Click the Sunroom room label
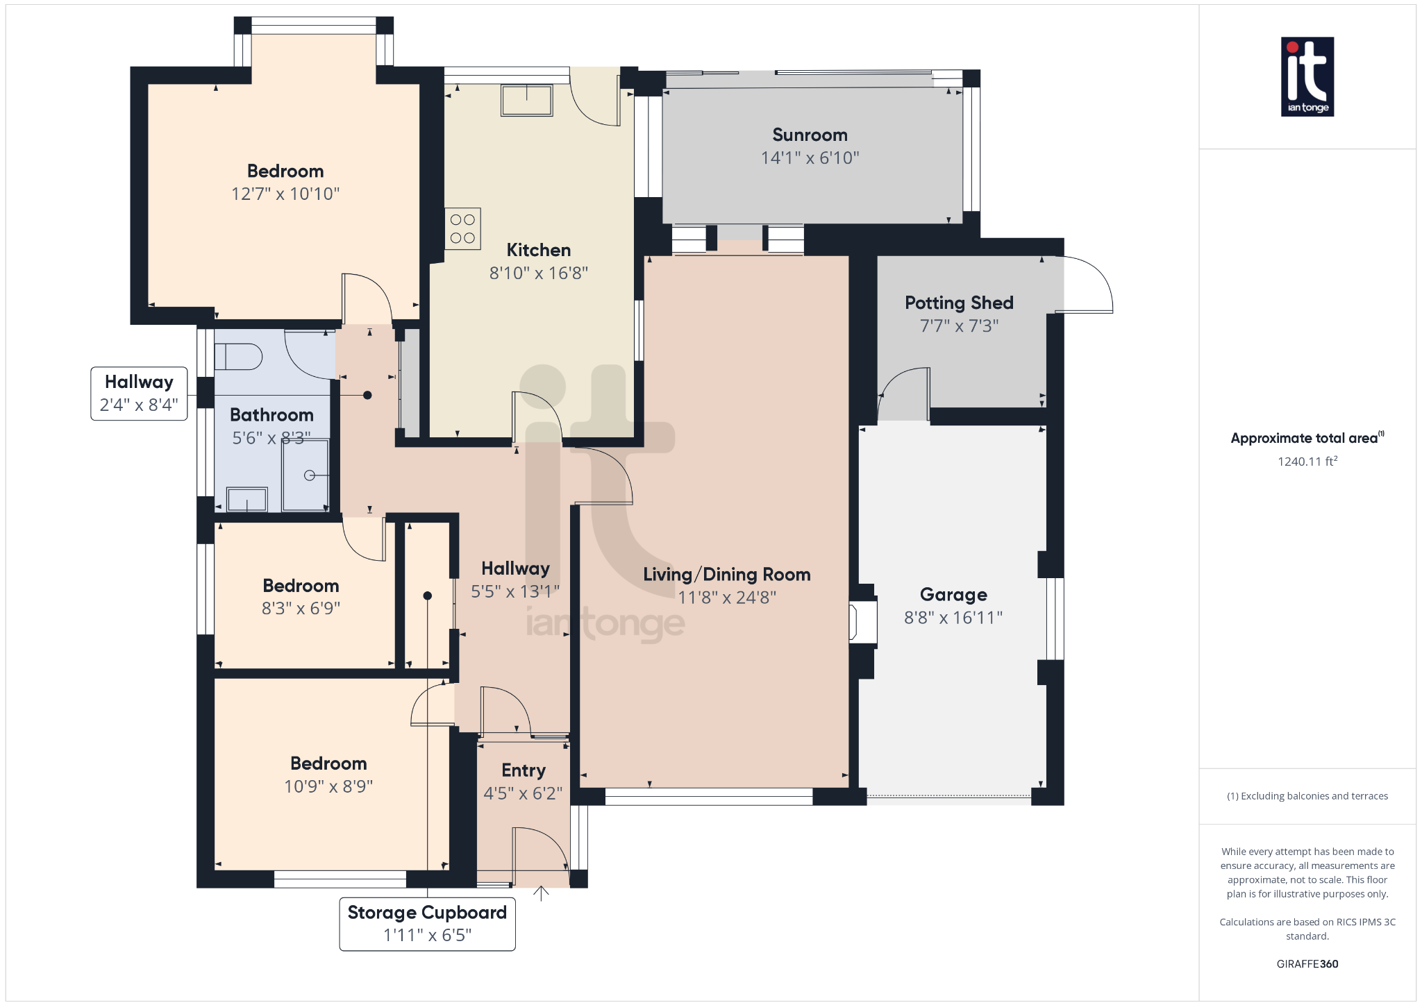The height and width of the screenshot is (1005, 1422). (810, 135)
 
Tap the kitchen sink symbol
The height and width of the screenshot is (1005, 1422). (526, 100)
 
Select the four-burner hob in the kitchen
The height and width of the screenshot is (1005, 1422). (462, 229)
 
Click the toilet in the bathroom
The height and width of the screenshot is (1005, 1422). (238, 357)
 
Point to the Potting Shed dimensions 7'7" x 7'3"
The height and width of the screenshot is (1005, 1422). (959, 326)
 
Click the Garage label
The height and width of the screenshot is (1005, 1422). (953, 595)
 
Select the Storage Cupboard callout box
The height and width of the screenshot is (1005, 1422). (427, 924)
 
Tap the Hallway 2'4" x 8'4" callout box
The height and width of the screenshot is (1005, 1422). (139, 394)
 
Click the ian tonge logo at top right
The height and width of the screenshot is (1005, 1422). (1307, 76)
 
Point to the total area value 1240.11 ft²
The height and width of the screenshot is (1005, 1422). (1307, 462)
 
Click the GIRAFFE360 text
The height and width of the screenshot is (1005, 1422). (1307, 964)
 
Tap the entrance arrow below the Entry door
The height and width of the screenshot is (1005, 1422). (541, 893)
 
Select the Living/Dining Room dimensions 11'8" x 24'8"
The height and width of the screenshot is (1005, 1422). (726, 598)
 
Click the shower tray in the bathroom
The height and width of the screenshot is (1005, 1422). (306, 475)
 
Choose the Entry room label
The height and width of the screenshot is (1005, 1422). (524, 770)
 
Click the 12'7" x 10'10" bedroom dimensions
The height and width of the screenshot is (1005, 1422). (285, 194)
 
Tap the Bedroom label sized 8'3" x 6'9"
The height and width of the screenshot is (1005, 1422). (301, 586)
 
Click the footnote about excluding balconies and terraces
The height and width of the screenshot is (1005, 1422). (1307, 796)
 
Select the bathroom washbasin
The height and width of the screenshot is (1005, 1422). (247, 499)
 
